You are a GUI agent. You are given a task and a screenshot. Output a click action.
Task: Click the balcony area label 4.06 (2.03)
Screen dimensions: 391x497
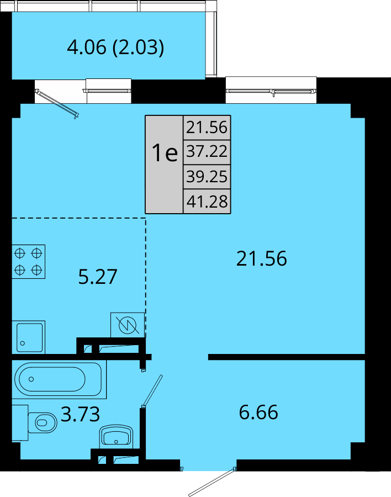(x=115, y=47)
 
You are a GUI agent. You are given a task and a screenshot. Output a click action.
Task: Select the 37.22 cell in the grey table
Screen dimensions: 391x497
(x=207, y=152)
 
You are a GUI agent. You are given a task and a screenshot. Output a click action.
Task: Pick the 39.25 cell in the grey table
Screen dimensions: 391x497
(x=207, y=177)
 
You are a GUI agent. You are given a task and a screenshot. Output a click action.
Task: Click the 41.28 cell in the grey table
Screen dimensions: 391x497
(x=207, y=201)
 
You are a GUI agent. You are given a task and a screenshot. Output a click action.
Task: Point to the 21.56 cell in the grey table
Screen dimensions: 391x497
(x=207, y=128)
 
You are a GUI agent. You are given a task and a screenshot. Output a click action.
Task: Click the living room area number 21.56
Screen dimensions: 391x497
(x=262, y=258)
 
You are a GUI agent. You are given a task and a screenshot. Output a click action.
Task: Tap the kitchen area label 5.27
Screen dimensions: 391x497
(x=98, y=277)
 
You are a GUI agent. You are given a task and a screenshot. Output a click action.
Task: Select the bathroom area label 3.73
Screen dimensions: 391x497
(x=80, y=414)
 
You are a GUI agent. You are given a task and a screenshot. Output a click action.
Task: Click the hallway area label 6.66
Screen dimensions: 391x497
(x=258, y=412)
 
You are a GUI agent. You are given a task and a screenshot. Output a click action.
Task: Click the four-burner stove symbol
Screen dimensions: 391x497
(x=29, y=262)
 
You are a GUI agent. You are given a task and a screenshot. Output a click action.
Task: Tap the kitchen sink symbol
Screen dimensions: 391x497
(x=29, y=337)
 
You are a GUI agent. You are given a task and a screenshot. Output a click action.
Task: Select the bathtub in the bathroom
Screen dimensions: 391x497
(x=59, y=379)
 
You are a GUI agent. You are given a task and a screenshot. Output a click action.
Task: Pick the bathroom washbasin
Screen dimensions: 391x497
(x=116, y=437)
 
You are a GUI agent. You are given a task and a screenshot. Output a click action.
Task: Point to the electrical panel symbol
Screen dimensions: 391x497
(x=128, y=325)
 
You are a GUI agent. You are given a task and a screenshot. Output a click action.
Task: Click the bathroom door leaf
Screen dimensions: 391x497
(x=152, y=391)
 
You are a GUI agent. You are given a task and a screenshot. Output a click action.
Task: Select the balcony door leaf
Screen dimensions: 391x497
(x=57, y=104)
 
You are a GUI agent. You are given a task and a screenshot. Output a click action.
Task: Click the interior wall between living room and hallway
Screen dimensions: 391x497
(x=287, y=357)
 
